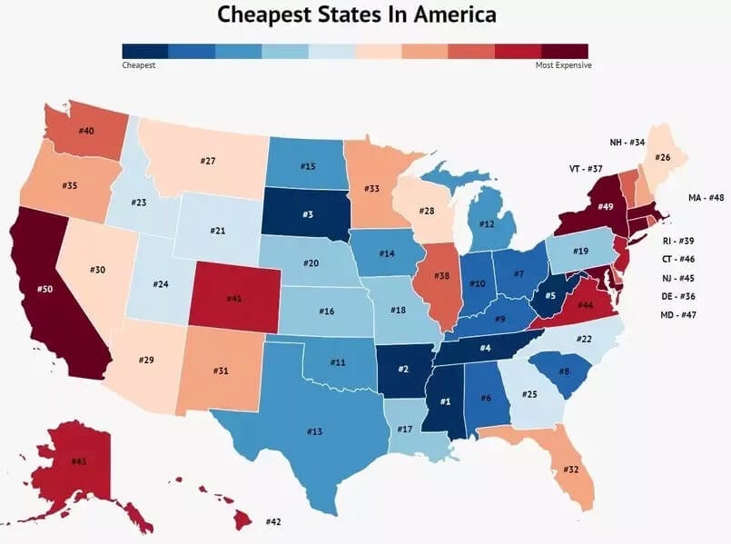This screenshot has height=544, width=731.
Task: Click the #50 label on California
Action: (x=44, y=289)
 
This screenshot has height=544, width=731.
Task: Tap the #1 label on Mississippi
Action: (x=445, y=401)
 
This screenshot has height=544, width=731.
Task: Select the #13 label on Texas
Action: (x=314, y=431)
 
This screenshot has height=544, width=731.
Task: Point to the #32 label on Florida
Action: (x=571, y=470)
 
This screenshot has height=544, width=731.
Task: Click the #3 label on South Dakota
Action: (x=309, y=213)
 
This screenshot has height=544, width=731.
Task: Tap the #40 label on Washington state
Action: (x=86, y=131)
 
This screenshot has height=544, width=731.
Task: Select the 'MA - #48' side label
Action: (x=706, y=197)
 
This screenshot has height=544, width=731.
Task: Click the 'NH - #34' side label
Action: (x=627, y=143)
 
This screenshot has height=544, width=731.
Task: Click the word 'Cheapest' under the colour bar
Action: (x=139, y=65)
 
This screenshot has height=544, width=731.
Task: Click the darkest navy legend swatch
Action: (x=144, y=51)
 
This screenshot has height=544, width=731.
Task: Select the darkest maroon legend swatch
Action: (x=565, y=51)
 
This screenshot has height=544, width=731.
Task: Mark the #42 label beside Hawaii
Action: (x=272, y=522)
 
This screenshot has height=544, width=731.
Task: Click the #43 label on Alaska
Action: (x=78, y=461)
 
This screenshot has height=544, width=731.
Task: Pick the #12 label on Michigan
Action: (x=487, y=224)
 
